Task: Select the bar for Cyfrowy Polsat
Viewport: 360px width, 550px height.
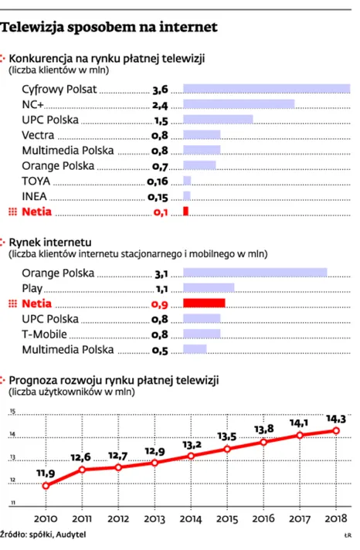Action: [x=267, y=89]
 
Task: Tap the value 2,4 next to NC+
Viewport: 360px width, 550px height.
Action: [x=160, y=104]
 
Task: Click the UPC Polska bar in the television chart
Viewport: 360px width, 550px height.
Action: [x=218, y=120]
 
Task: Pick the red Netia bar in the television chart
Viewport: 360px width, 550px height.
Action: [x=185, y=211]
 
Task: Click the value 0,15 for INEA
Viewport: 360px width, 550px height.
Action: [x=158, y=197]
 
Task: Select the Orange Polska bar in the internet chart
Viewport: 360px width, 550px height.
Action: [x=255, y=273]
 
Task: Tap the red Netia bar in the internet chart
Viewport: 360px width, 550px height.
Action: [x=203, y=303]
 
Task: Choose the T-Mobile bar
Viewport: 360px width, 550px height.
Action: [x=201, y=334]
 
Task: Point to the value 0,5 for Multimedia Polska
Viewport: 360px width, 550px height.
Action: [x=160, y=349]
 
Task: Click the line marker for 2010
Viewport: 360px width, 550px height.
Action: [x=46, y=486]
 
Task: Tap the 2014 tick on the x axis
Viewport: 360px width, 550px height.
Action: [x=191, y=518]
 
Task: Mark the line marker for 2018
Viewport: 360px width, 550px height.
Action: [x=335, y=430]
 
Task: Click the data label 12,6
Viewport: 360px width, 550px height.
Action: [x=82, y=457]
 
